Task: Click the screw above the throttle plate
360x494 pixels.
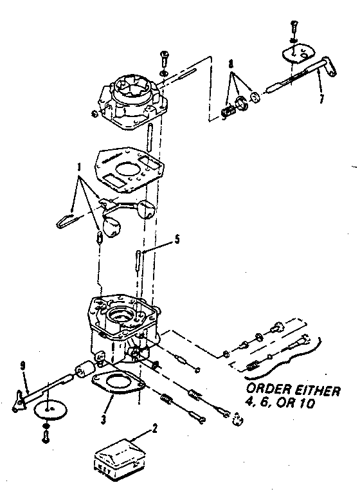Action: click(x=293, y=28)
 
